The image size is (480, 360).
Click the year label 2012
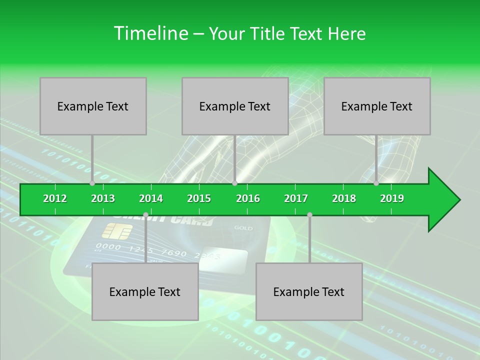pos(55,198)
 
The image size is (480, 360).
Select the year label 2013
pos(103,198)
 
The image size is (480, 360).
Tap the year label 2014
pos(151,198)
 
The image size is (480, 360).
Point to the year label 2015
pos(199,198)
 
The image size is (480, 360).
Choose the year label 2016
pos(248,198)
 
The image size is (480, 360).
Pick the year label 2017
pos(296,198)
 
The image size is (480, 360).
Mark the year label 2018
pos(344,198)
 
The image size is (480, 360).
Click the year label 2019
pos(392,198)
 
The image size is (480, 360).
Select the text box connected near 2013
pos(93,106)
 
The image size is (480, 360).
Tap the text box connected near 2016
pos(235,106)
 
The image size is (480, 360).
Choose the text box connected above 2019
pos(377,106)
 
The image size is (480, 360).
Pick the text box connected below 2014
pos(145,291)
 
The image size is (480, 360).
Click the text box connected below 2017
pos(309,291)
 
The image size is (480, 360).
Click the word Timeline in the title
pos(149,33)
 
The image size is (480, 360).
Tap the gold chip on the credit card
pos(117,231)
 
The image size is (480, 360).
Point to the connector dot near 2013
pos(92,183)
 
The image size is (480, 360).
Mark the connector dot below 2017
pos(309,215)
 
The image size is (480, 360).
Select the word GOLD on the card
pos(243,228)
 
